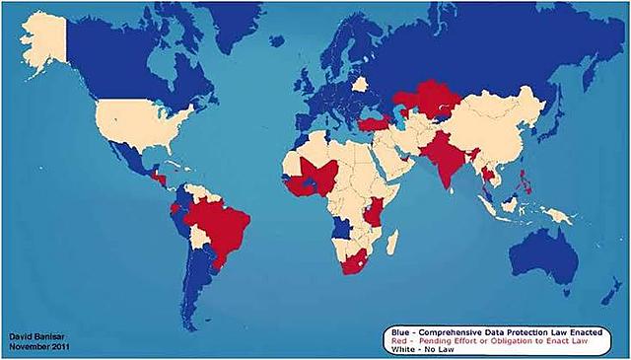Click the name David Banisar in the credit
coord(35,338)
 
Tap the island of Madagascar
coord(391,241)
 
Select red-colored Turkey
coord(376,124)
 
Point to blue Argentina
coord(202,286)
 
